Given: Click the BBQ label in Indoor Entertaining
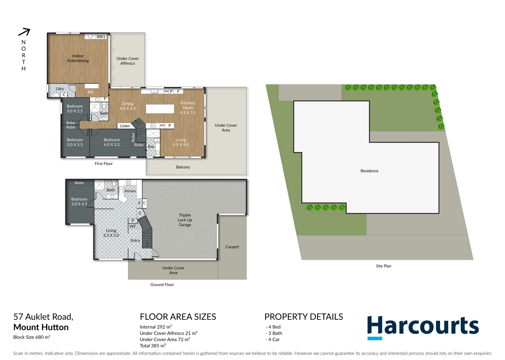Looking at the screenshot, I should (101, 37).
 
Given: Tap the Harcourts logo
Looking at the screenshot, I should (423, 327).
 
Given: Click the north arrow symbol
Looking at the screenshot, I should (24, 32).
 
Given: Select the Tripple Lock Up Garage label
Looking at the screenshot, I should (185, 220).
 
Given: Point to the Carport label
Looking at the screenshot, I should (232, 247).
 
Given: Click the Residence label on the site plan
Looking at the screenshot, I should (369, 171).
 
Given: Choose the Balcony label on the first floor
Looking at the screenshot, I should (183, 167).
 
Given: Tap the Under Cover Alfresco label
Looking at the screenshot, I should (128, 61).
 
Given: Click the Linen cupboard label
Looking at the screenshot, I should (125, 126).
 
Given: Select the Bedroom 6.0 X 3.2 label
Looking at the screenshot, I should (112, 142).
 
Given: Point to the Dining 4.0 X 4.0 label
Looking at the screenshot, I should (128, 106).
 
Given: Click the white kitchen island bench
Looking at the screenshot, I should (160, 109).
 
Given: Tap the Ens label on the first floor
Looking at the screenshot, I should (151, 147).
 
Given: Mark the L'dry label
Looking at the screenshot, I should (60, 89).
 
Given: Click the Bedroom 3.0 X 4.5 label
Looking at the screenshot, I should (79, 202).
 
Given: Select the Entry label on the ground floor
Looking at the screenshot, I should (135, 241).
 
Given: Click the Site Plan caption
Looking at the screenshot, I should (383, 266).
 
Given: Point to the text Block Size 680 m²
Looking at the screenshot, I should (32, 337).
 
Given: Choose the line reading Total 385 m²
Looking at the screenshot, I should (153, 346).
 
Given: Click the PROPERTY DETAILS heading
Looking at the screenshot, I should (304, 317).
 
